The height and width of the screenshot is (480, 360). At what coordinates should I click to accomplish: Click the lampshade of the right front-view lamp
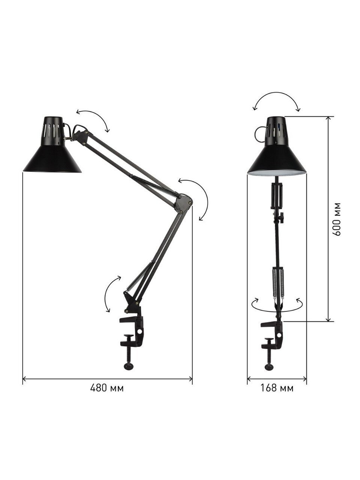[x=276, y=146]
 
